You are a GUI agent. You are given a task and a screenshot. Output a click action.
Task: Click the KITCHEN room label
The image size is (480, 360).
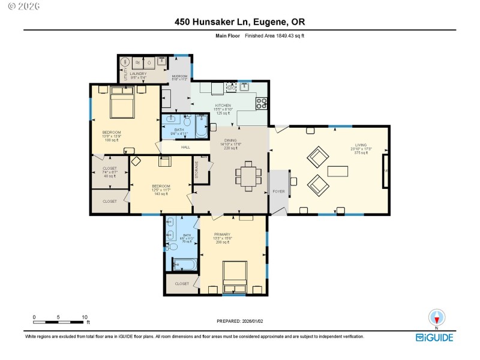tap(224, 106)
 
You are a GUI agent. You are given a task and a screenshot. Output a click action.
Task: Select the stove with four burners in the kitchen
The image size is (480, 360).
tap(261, 103)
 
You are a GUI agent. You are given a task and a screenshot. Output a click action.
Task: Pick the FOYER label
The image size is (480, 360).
tap(279, 191)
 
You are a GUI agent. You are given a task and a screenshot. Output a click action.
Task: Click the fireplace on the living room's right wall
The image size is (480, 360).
tap(386, 171)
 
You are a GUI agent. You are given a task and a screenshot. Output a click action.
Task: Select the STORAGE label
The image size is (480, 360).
tap(196, 170)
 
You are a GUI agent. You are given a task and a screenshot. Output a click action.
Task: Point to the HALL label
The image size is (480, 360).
tap(186, 146)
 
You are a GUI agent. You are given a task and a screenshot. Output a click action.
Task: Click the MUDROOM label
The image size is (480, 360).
tap(180, 76)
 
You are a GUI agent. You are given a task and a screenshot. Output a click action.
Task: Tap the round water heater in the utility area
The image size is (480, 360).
tap(126, 62)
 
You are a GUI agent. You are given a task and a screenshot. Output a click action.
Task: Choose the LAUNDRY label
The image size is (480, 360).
tap(139, 74)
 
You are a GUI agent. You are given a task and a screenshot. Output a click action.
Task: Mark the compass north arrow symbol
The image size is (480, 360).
tap(436, 317)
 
